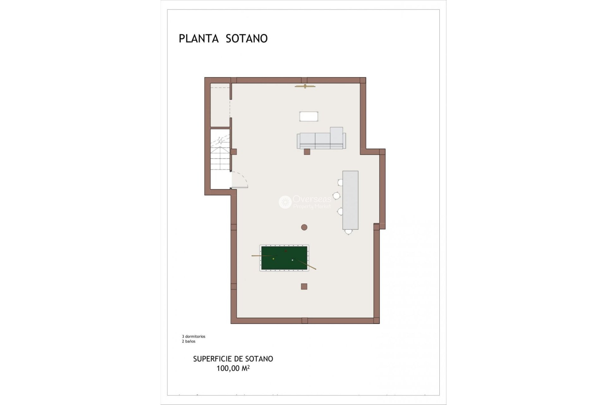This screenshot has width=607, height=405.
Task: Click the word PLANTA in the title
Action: click(199, 38)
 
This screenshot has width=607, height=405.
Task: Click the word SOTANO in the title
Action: click(247, 38)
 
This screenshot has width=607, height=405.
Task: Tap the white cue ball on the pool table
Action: click(292, 260)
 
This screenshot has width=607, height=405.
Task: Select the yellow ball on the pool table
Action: click(273, 259)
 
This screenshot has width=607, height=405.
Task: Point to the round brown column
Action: click(304, 227)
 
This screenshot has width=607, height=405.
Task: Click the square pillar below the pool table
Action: click(304, 286)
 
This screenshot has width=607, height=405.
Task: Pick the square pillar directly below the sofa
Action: click(307, 152)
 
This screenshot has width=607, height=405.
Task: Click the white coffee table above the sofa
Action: click(309, 116)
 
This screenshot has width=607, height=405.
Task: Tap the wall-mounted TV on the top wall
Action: click(305, 86)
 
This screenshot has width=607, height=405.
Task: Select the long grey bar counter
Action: click(350, 200)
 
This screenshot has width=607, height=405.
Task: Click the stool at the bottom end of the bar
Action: click(348, 232)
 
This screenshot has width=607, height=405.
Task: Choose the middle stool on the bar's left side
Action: click(336, 196)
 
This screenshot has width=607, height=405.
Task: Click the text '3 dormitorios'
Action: click(193, 336)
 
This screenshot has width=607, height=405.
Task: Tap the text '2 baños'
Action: click(188, 341)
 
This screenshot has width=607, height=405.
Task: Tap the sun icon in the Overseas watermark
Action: click(285, 202)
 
